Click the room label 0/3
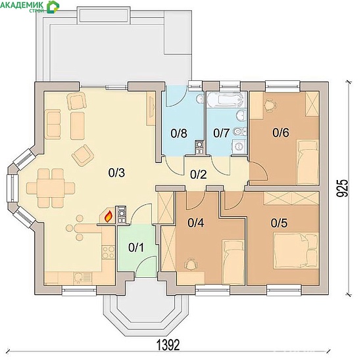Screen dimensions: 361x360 (x=116, y=173)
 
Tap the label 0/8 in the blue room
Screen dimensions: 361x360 (x=179, y=133)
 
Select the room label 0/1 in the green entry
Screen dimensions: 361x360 (x=136, y=248)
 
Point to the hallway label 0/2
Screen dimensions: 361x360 (x=199, y=175)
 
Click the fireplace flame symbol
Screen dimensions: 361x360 (x=108, y=217)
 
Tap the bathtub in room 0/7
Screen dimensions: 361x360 (x=225, y=100)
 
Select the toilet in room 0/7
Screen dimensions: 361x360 (x=239, y=132)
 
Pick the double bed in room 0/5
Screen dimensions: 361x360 (x=296, y=250)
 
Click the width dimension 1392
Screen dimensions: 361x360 (x=168, y=344)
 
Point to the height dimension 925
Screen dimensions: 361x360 (x=342, y=188)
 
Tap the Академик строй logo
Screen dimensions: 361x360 (x=30, y=7)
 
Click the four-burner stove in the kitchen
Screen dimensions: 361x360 (x=108, y=252)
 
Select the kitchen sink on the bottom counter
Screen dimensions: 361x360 (x=82, y=278)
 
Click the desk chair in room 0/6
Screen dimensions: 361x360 (x=270, y=105)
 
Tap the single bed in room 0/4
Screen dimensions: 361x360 (x=233, y=262)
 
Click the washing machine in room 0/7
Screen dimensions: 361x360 (x=239, y=146)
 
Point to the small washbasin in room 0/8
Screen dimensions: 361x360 (x=200, y=99)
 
